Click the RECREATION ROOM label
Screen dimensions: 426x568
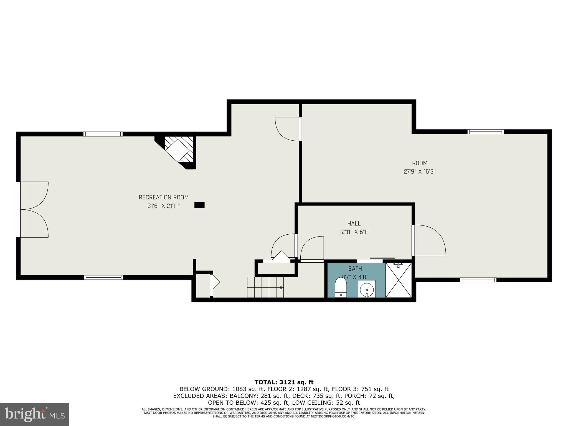pos(164,197)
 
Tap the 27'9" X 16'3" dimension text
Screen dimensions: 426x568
pos(420,172)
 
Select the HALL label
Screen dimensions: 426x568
pos(354,224)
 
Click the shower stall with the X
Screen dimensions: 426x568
pos(399,280)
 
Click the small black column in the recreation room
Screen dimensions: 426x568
pos(199,205)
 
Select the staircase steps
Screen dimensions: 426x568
pos(265,287)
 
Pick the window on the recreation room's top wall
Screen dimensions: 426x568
pos(103,134)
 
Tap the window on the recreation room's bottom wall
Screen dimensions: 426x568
pos(103,277)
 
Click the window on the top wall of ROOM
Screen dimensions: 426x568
pos(485,132)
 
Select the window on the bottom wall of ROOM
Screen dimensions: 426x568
pos(478,280)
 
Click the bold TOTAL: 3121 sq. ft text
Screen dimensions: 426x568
pos(284,382)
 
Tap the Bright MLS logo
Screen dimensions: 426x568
pos(35,414)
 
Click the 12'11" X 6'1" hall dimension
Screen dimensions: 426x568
pos(354,232)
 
